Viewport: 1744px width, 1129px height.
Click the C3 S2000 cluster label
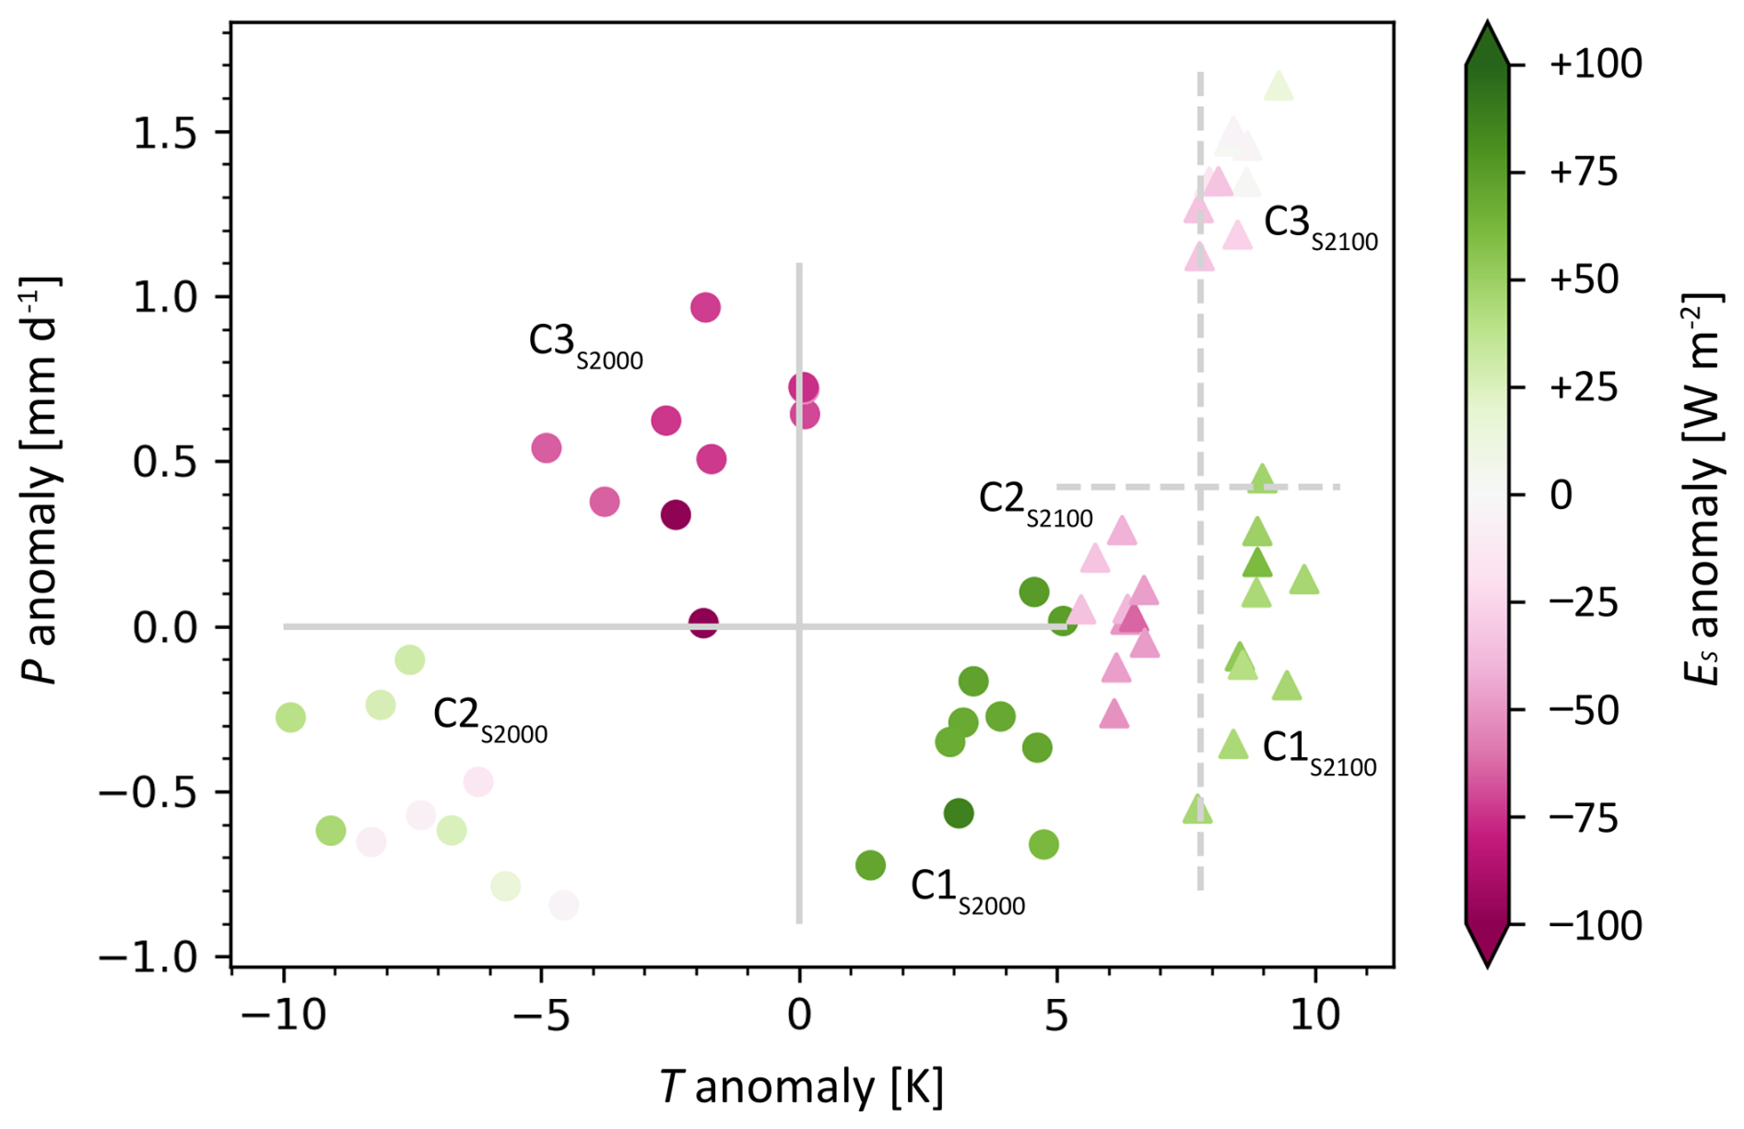tap(584, 345)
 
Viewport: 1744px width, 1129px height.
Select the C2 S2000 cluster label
tap(489, 719)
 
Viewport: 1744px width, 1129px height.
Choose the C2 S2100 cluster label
tap(1034, 503)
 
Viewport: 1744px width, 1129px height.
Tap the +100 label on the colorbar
tap(1596, 65)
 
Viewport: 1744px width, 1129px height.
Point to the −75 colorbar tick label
tap(1584, 818)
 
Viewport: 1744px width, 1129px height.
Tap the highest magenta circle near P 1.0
tap(705, 307)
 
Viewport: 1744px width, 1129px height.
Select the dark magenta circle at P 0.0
tap(703, 624)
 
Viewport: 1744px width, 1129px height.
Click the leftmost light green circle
tap(290, 717)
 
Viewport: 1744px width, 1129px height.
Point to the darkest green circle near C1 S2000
tap(959, 814)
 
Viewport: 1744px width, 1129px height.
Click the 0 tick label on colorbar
tap(1561, 495)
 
